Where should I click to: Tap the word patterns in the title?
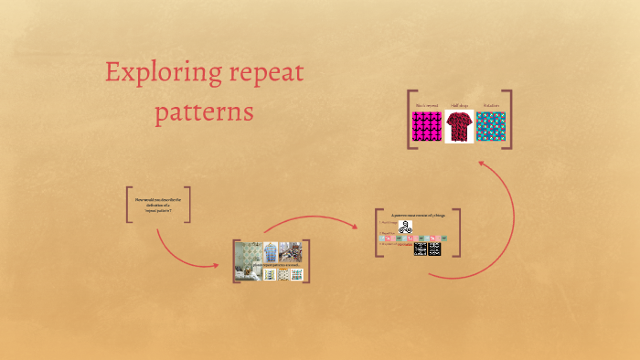[204, 113]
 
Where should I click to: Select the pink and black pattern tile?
[426, 127]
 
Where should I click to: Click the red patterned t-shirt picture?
[459, 127]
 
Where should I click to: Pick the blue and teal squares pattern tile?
[491, 127]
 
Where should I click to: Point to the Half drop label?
[459, 106]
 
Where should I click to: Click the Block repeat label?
[426, 106]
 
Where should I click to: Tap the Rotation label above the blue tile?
[491, 106]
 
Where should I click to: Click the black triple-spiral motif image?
[405, 227]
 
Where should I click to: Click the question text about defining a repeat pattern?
[158, 205]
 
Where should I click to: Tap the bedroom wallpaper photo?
[248, 260]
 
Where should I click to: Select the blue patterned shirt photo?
[270, 251]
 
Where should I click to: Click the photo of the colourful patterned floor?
[292, 251]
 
